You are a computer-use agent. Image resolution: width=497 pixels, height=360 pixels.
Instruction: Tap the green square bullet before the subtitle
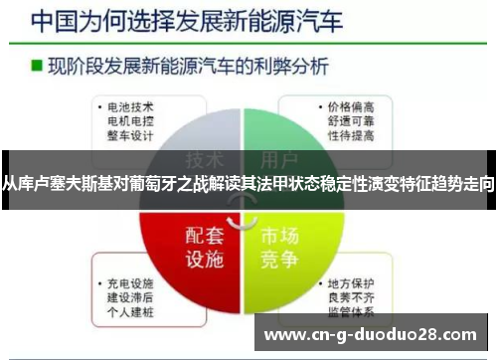[36, 67]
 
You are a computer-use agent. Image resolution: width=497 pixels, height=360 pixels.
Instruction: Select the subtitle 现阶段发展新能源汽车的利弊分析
[180, 67]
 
